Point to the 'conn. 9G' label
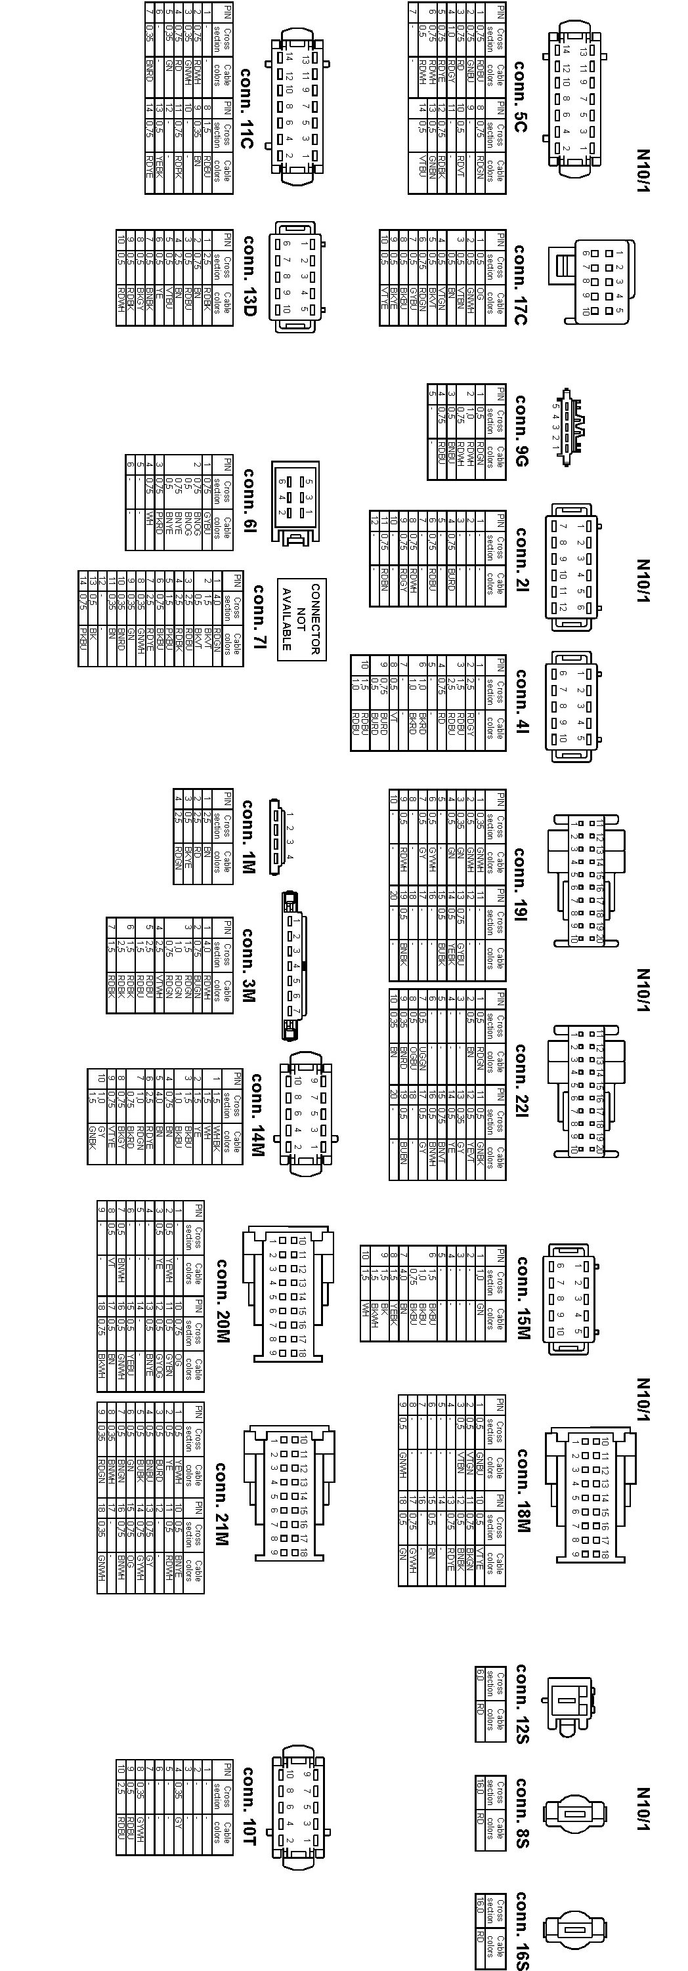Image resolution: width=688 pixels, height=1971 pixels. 521,430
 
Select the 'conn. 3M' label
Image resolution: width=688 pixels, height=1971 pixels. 248,966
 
